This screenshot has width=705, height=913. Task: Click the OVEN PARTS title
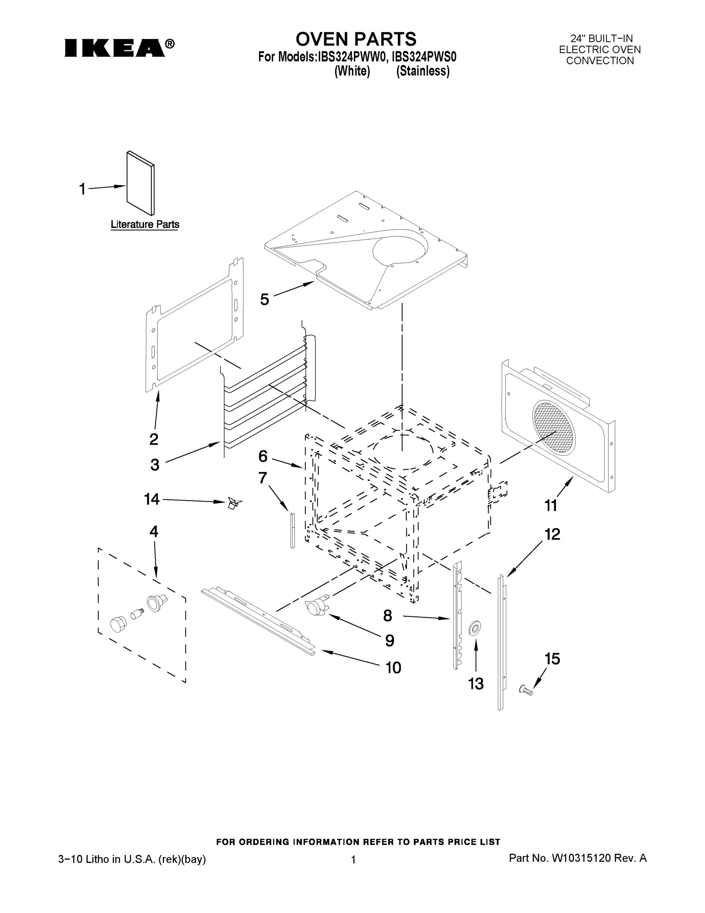[356, 39]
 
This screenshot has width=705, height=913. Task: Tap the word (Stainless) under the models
[423, 71]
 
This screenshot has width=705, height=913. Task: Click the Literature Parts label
[145, 224]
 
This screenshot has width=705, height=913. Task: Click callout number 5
[265, 299]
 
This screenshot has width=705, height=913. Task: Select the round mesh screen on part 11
[554, 427]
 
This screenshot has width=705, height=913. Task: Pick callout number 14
[152, 499]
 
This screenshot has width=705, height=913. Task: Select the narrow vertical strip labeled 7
[292, 530]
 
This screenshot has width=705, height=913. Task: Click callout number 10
[393, 668]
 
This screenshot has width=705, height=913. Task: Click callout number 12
[552, 534]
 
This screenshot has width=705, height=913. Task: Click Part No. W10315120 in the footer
[577, 859]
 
